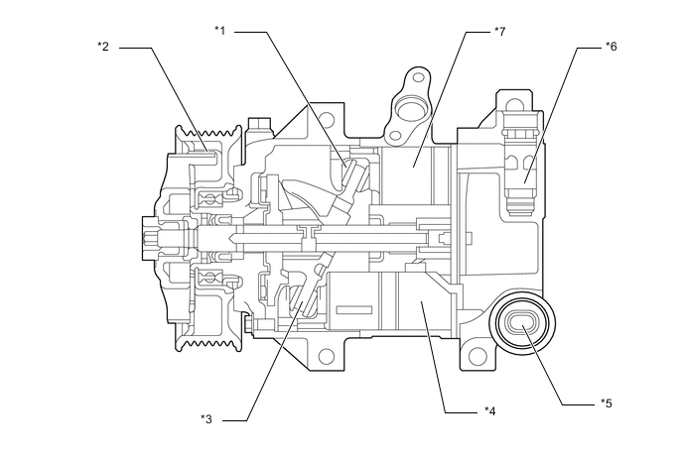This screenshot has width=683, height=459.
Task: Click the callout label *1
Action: [220, 30]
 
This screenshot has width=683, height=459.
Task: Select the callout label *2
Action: [102, 46]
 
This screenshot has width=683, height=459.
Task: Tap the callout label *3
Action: [206, 418]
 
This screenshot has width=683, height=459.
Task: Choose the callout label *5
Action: [606, 402]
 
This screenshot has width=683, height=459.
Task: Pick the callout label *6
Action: [611, 46]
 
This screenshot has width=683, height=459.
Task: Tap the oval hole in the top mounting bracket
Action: [408, 104]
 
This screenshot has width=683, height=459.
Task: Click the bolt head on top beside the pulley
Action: [260, 125]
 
